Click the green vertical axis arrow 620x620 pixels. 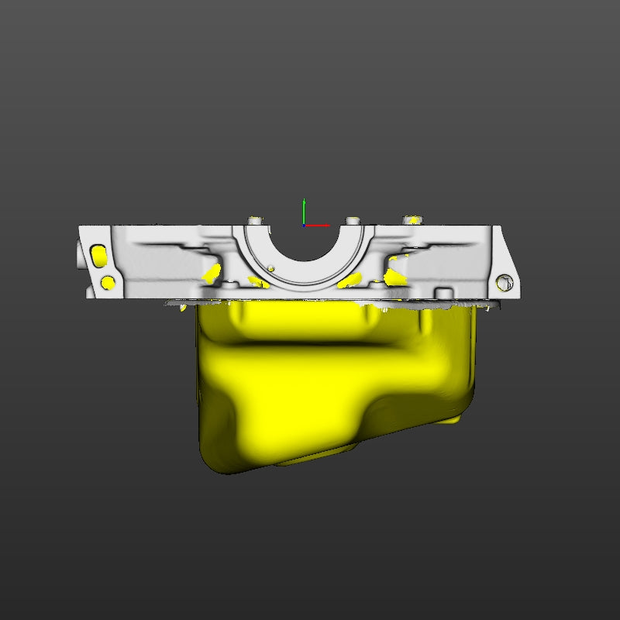pos(304,210)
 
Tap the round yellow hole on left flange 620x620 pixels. pos(108,281)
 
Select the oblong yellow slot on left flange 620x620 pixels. pos(98,255)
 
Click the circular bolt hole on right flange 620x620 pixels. pos(505,281)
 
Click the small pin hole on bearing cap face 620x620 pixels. pos(271,269)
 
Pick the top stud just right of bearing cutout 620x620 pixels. pos(353,222)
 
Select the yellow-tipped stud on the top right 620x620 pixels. pos(414,219)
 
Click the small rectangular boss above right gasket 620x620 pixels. pos(443,292)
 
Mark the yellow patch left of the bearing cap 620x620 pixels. pos(212,271)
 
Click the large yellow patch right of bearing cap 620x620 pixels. pos(395,276)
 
